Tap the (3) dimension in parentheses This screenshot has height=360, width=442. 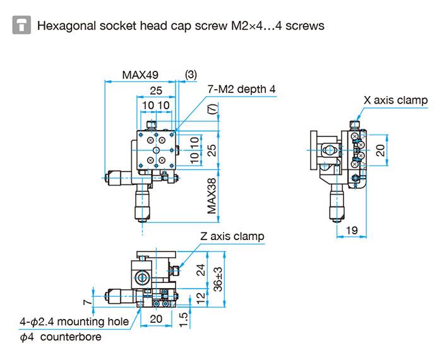pyautogui.click(x=191, y=75)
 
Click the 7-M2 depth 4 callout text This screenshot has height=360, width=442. pyautogui.click(x=242, y=90)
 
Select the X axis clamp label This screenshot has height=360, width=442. pyautogui.click(x=395, y=100)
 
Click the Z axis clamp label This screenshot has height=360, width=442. pyautogui.click(x=232, y=237)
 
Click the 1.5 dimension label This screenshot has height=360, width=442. pyautogui.click(x=183, y=320)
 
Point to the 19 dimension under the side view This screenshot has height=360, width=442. pyautogui.click(x=352, y=231)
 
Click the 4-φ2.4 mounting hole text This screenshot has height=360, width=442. pyautogui.click(x=75, y=322)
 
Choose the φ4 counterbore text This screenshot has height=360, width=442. pyautogui.click(x=60, y=337)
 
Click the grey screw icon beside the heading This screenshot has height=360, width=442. pyautogui.click(x=22, y=26)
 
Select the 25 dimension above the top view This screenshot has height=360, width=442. pyautogui.click(x=156, y=92)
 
